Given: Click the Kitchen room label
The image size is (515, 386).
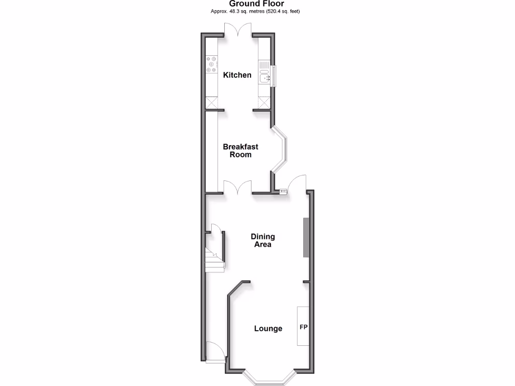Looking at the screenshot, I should click(x=237, y=75).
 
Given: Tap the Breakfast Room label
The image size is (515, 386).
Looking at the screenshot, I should click(x=240, y=151).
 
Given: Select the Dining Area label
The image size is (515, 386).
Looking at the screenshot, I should click(x=263, y=240).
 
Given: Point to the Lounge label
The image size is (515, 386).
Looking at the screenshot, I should click(x=268, y=329).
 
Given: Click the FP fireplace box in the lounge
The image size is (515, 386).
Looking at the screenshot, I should click(x=303, y=327).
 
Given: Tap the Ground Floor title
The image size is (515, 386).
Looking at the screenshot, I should click(x=257, y=4).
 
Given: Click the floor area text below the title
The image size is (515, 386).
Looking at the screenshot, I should click(x=257, y=11).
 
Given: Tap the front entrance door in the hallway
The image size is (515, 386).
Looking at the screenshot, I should click(x=214, y=351).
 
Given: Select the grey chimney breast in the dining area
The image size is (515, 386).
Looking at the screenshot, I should click(x=305, y=237).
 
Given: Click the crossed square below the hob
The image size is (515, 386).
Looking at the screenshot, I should click(x=211, y=103).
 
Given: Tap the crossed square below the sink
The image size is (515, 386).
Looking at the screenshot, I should click(x=265, y=103).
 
